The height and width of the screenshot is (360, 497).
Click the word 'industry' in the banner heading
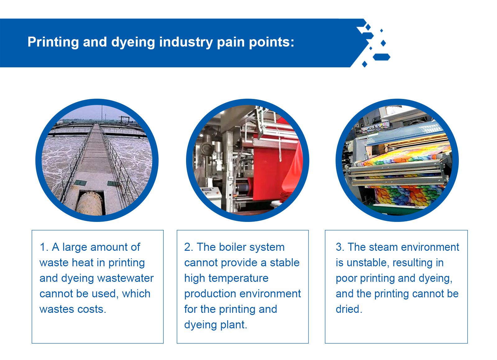point(186,42)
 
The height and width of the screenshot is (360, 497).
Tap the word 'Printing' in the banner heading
point(53,42)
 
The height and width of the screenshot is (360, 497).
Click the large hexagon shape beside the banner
point(381,57)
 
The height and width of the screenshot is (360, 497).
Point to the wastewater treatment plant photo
point(97,160)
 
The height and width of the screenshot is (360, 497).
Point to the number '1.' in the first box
point(44,247)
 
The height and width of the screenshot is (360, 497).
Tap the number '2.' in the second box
point(189,247)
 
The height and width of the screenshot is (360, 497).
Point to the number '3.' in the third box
point(340,247)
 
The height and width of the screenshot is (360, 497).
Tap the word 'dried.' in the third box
point(349,309)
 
